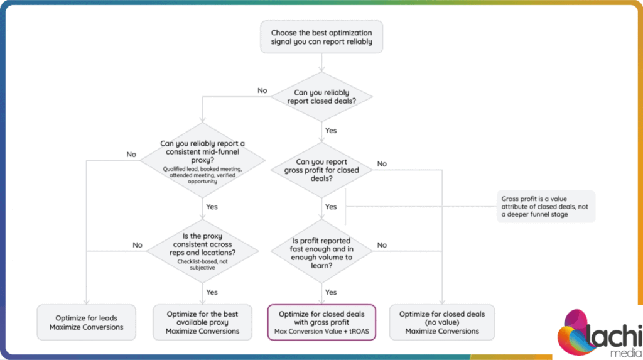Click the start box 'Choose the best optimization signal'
pos(321,38)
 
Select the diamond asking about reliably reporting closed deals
pos(321,97)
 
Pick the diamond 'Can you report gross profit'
pos(322,170)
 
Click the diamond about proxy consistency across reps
pos(203,251)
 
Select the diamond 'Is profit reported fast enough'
pos(322,253)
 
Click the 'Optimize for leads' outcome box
pos(86,322)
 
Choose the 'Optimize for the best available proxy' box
pos(203,322)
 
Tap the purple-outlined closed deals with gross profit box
pos(321,322)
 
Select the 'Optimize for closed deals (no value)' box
pos(442,322)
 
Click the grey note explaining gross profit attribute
pos(544,206)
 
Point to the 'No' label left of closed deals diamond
pos(262,90)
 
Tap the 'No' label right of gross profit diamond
pos(382,164)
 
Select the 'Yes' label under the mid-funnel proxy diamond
pos(212,207)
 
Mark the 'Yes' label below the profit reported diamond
pos(330,292)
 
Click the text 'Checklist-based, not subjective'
pos(203,264)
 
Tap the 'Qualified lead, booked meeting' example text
pos(202,170)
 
